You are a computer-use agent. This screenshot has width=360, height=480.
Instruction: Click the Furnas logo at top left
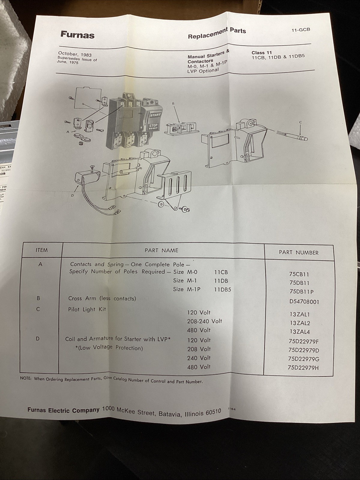click(77, 35)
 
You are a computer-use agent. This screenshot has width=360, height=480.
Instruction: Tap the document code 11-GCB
click(301, 30)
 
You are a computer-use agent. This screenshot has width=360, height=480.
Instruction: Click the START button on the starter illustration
click(156, 115)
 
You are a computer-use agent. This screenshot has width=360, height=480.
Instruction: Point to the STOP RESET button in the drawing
click(153, 126)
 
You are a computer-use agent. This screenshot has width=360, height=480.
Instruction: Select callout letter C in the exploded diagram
click(300, 122)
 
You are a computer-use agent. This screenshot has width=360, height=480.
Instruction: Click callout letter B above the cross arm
click(173, 104)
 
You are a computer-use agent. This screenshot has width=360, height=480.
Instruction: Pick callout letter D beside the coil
click(72, 195)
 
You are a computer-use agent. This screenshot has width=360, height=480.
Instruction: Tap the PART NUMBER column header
click(298, 252)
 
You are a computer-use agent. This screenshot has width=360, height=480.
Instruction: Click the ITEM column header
click(41, 250)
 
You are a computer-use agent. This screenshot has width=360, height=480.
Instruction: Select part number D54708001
click(304, 302)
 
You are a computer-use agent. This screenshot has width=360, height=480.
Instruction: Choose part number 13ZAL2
click(300, 323)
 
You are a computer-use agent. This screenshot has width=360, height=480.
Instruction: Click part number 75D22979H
click(303, 367)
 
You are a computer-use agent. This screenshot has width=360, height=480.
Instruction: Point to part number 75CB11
click(299, 274)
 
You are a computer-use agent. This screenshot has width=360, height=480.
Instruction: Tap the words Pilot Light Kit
click(87, 309)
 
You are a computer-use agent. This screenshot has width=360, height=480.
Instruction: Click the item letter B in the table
click(38, 298)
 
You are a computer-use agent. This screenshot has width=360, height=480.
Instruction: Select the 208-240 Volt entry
click(204, 321)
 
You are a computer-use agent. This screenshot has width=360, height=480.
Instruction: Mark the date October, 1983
click(75, 54)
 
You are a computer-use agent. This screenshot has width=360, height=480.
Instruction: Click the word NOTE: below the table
click(26, 378)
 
